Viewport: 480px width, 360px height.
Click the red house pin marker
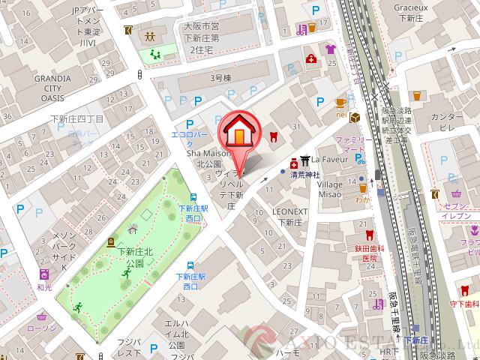tap(238, 133)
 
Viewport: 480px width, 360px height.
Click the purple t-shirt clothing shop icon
tap(330, 49)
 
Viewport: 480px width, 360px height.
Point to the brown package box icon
tap(354, 117)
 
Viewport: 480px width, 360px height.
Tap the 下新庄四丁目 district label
tap(76, 118)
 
